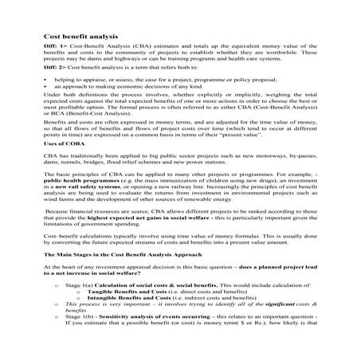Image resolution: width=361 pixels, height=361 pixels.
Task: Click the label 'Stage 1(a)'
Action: (x=81, y=307)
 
